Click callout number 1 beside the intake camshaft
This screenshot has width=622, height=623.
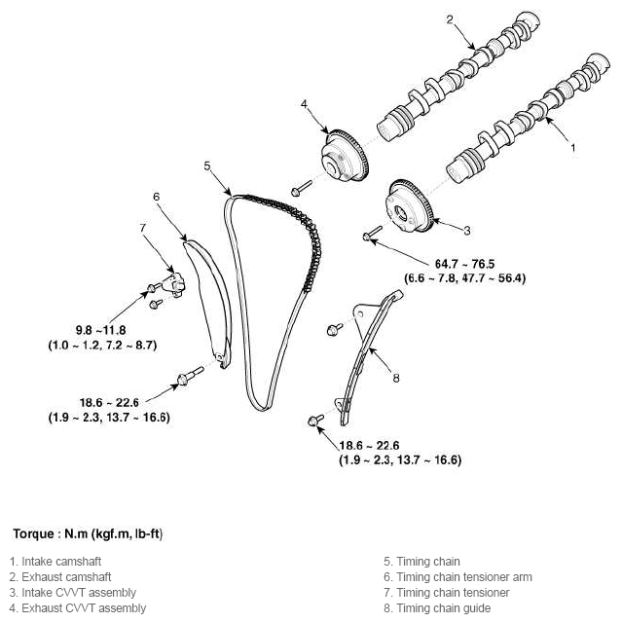(x=572, y=148)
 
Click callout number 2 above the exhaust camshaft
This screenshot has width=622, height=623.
(x=450, y=18)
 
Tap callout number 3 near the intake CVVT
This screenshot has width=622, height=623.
(x=466, y=230)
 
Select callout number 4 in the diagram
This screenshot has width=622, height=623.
(x=304, y=103)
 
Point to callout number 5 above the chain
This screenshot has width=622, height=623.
(x=207, y=165)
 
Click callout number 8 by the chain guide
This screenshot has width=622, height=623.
(x=396, y=376)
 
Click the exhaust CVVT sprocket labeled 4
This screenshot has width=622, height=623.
(x=344, y=156)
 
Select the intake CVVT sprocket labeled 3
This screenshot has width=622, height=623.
(x=408, y=206)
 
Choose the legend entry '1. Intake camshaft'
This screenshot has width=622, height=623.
(x=55, y=562)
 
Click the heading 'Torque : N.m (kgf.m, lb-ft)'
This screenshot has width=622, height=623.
(x=87, y=533)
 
